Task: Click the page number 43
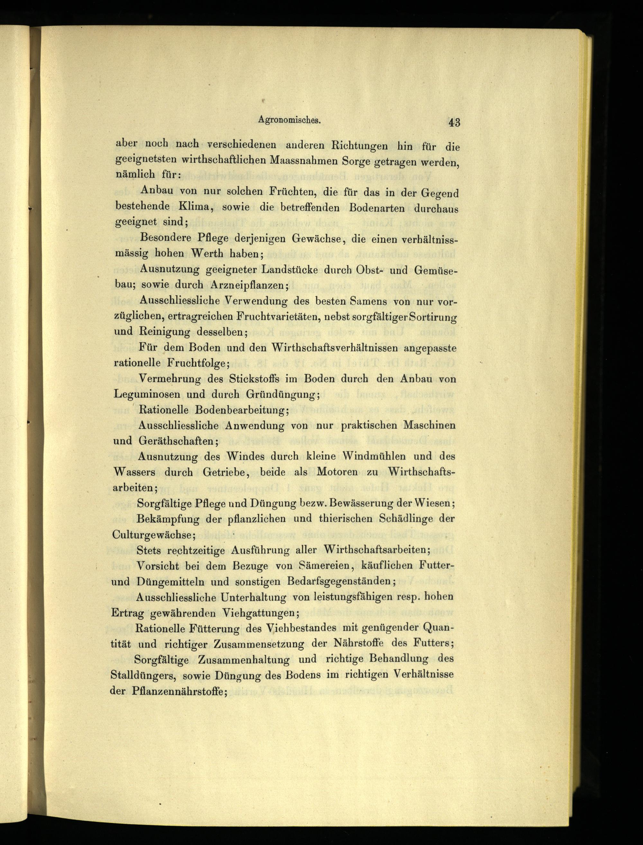point(454,123)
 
